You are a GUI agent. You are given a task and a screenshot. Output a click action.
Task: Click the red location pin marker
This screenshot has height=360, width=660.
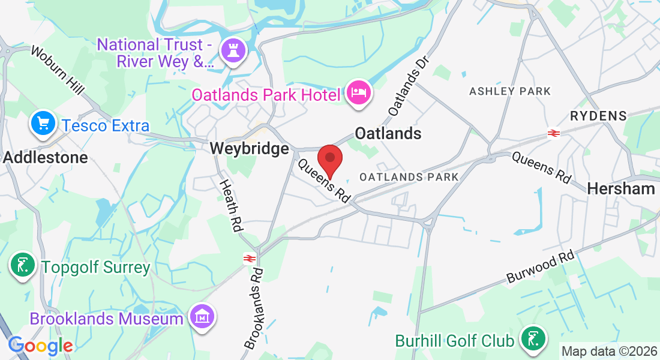pos(329,158)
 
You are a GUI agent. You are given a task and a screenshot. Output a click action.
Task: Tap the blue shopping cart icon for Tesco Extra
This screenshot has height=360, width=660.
pos(44,125)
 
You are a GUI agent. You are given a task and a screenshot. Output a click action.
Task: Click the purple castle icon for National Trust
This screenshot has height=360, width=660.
pos(231,51)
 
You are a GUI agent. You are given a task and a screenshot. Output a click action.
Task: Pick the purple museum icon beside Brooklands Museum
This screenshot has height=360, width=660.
pos(201,317)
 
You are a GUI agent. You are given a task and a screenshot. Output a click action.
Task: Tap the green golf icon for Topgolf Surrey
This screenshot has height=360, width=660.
pos(22,266)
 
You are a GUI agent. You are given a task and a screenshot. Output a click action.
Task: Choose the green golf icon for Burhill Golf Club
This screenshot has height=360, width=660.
pos(532,339)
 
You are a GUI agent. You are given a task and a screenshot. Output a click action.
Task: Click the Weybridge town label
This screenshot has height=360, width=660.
pos(249,148)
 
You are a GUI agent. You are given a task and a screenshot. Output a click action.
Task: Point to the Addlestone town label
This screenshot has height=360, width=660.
pos(46,157)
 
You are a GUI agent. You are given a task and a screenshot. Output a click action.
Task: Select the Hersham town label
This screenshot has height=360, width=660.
pos(621,188)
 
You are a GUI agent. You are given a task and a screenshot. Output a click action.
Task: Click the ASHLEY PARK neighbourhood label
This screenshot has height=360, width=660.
pos(510,91)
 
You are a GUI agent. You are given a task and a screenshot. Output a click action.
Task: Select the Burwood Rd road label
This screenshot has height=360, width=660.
pos(540,267)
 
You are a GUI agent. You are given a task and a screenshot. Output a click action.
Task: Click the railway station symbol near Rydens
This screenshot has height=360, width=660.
pos(553,133)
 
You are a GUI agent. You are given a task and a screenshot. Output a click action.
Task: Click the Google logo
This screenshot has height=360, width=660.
pos(40,346)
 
